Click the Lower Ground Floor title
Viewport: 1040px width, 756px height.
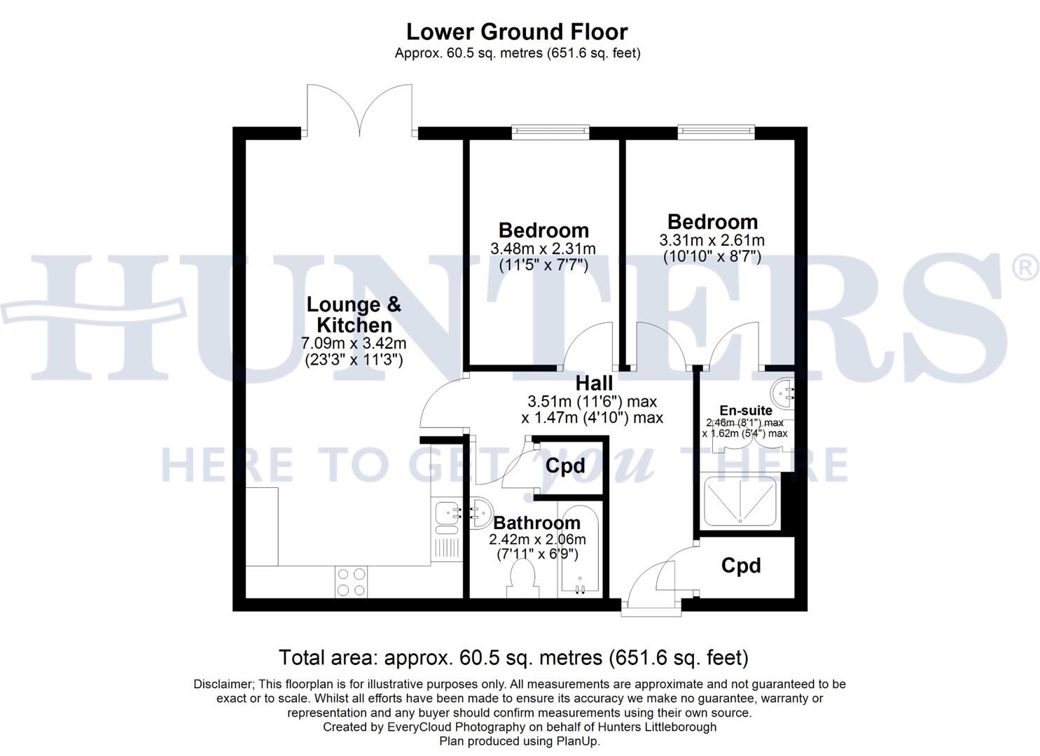(517, 31)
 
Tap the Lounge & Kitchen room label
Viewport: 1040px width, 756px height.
(354, 314)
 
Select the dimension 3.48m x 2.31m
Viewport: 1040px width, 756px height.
(543, 248)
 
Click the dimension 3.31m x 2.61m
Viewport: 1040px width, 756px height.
(712, 240)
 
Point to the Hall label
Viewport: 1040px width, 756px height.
(594, 383)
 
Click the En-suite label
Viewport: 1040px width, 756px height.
(746, 410)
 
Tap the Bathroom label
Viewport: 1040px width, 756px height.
(536, 523)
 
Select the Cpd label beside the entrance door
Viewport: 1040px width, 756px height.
(741, 566)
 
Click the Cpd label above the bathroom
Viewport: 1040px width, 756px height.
(565, 466)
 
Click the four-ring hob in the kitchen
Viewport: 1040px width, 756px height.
(352, 582)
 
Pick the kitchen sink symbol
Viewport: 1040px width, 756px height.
(445, 515)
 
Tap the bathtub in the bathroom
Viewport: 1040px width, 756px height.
(579, 549)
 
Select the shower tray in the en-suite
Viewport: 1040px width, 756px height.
(740, 501)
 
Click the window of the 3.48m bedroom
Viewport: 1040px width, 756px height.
(550, 130)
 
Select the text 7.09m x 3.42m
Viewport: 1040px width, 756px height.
(354, 344)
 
